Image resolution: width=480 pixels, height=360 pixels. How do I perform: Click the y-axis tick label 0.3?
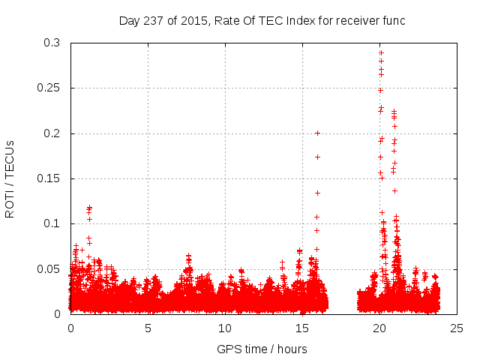point(53,43)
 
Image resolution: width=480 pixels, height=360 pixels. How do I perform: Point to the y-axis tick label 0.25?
point(50,88)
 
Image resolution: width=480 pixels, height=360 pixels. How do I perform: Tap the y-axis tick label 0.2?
point(53,133)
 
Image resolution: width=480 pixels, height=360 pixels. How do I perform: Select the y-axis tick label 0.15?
point(50,178)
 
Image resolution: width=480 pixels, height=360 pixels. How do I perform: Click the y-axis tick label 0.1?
point(53,223)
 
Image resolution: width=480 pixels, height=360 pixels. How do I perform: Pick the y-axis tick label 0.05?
point(50,268)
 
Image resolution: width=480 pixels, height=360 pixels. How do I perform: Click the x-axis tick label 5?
point(148,328)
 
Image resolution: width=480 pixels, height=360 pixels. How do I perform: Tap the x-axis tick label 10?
point(225,328)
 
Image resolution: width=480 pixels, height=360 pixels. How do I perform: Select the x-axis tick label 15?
point(302,328)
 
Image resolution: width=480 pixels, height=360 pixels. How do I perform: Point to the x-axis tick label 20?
point(379,328)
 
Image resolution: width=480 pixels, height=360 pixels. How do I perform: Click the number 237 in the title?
point(154,20)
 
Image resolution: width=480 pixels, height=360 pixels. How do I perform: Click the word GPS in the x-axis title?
point(228,349)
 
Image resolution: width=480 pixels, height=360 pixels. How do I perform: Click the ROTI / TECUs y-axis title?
point(10,178)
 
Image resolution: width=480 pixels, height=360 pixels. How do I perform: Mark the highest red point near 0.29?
point(381,52)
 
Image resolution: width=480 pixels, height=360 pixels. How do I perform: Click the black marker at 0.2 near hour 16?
point(317,133)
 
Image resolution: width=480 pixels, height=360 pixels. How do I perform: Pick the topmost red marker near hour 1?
point(89,207)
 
